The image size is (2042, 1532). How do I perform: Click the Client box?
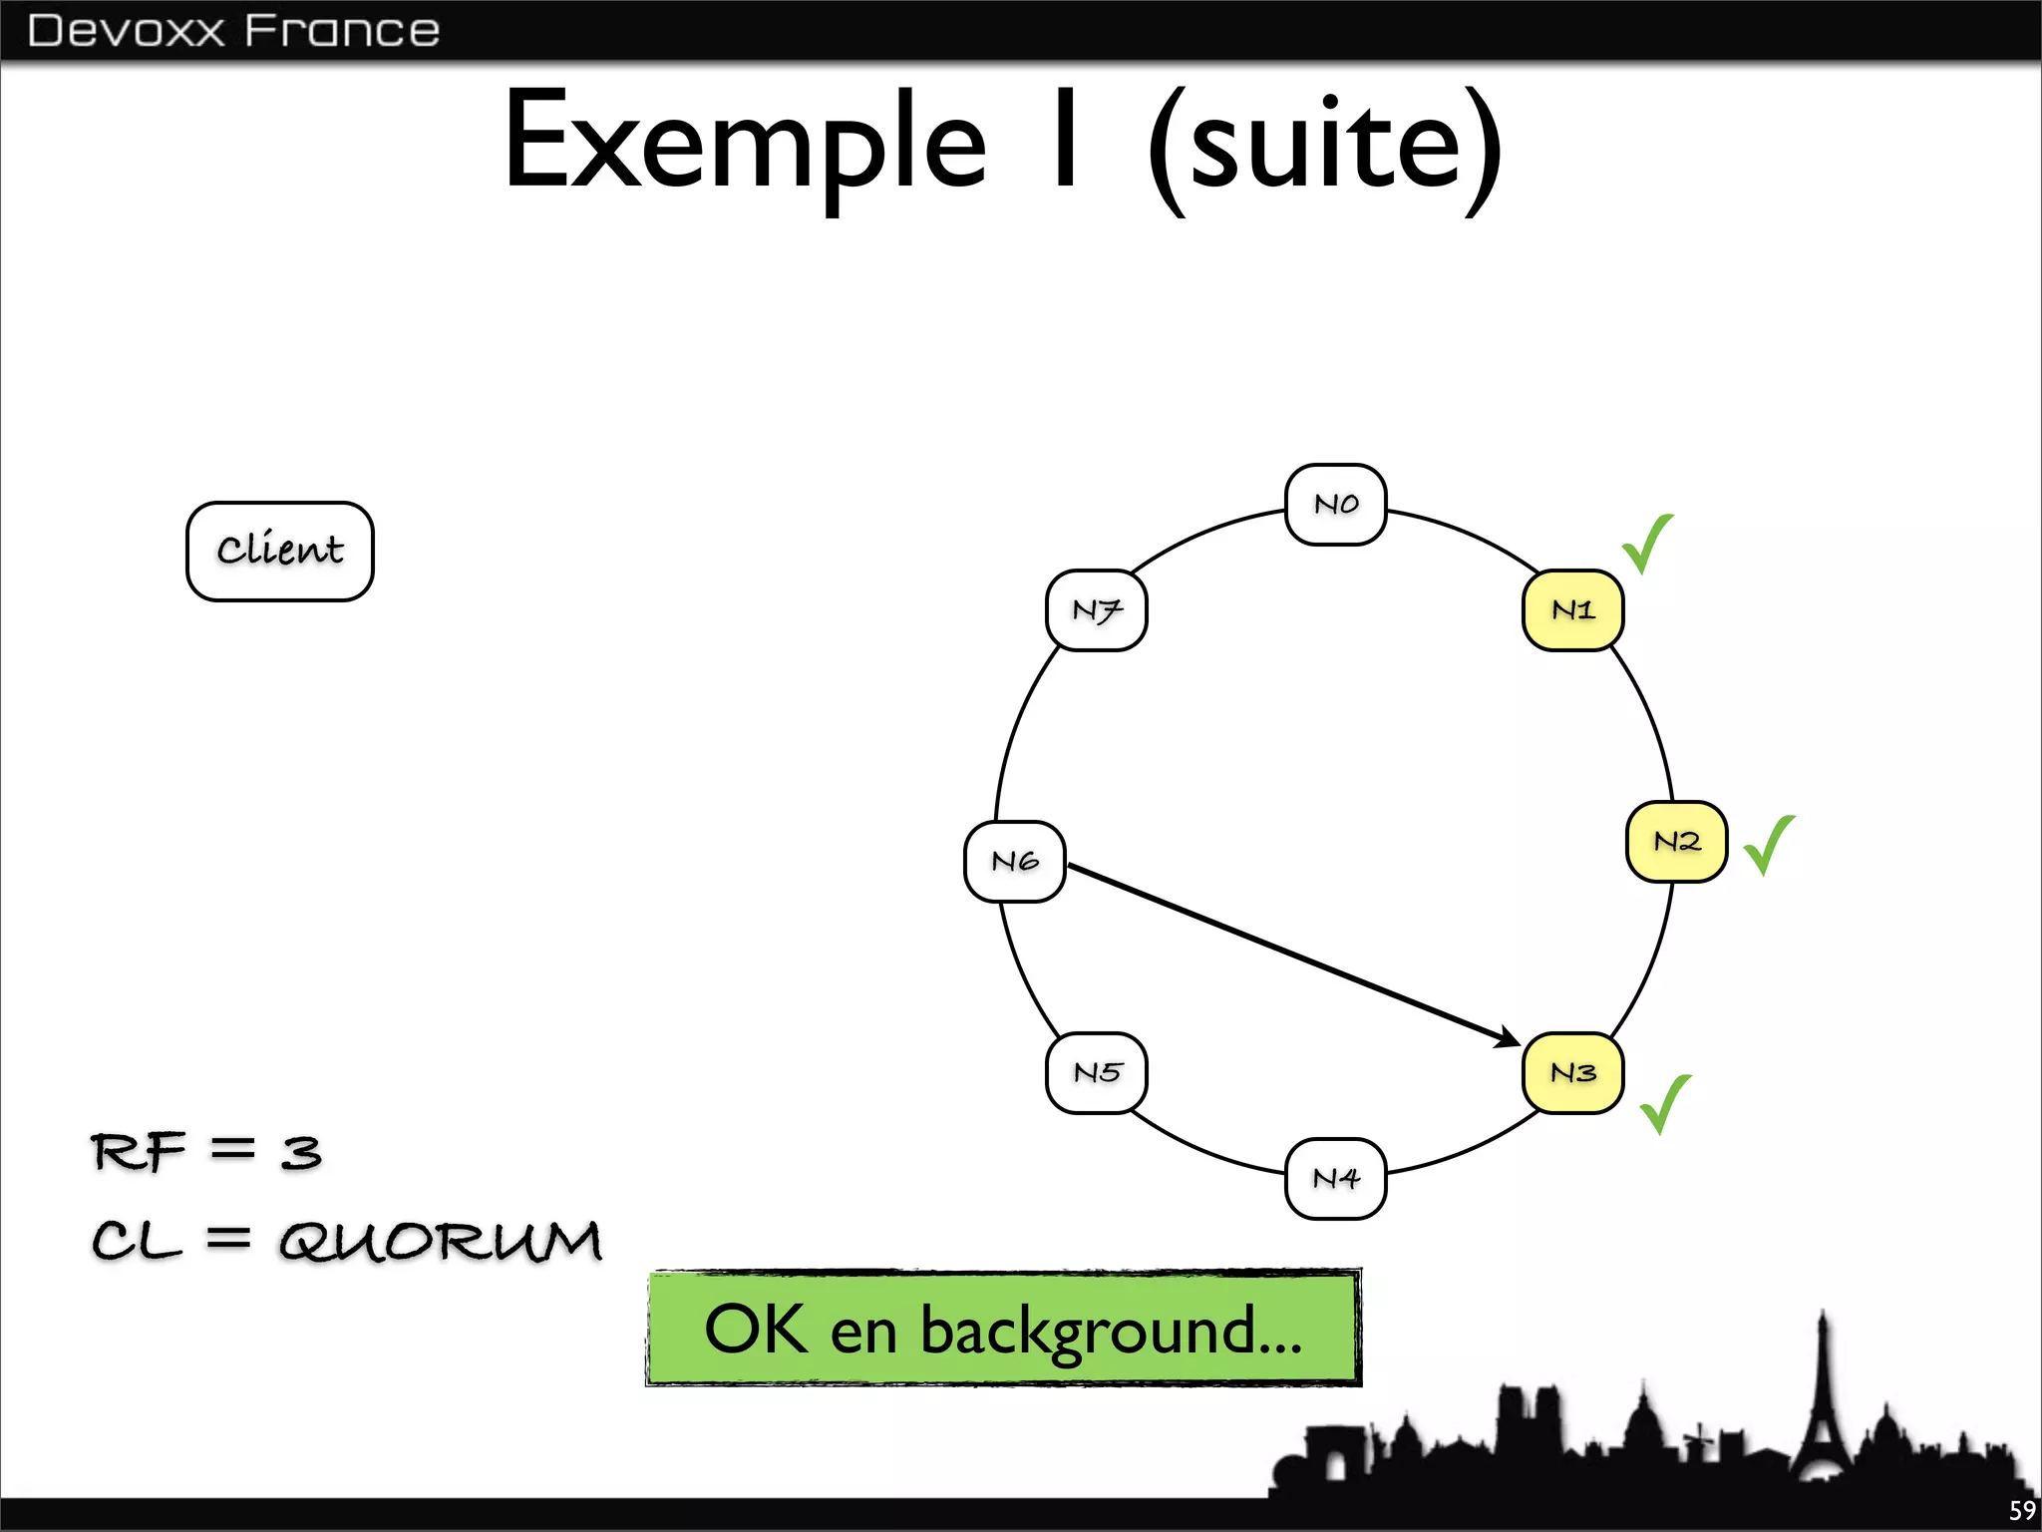(280, 551)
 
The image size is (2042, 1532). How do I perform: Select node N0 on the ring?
(1336, 505)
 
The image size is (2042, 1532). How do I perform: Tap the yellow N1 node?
(1572, 610)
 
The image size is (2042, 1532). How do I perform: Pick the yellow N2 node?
(1676, 842)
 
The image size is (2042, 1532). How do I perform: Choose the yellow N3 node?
(1572, 1073)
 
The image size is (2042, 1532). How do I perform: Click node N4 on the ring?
(1336, 1179)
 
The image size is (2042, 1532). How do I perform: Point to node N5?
(1097, 1073)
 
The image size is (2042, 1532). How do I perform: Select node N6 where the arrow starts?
(1015, 862)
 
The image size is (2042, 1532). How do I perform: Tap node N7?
(1097, 610)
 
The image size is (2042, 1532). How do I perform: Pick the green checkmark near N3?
(1664, 1103)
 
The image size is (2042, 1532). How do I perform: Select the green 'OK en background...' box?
(1003, 1329)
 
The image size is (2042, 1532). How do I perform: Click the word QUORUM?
(440, 1242)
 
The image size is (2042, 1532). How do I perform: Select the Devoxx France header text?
(233, 31)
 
